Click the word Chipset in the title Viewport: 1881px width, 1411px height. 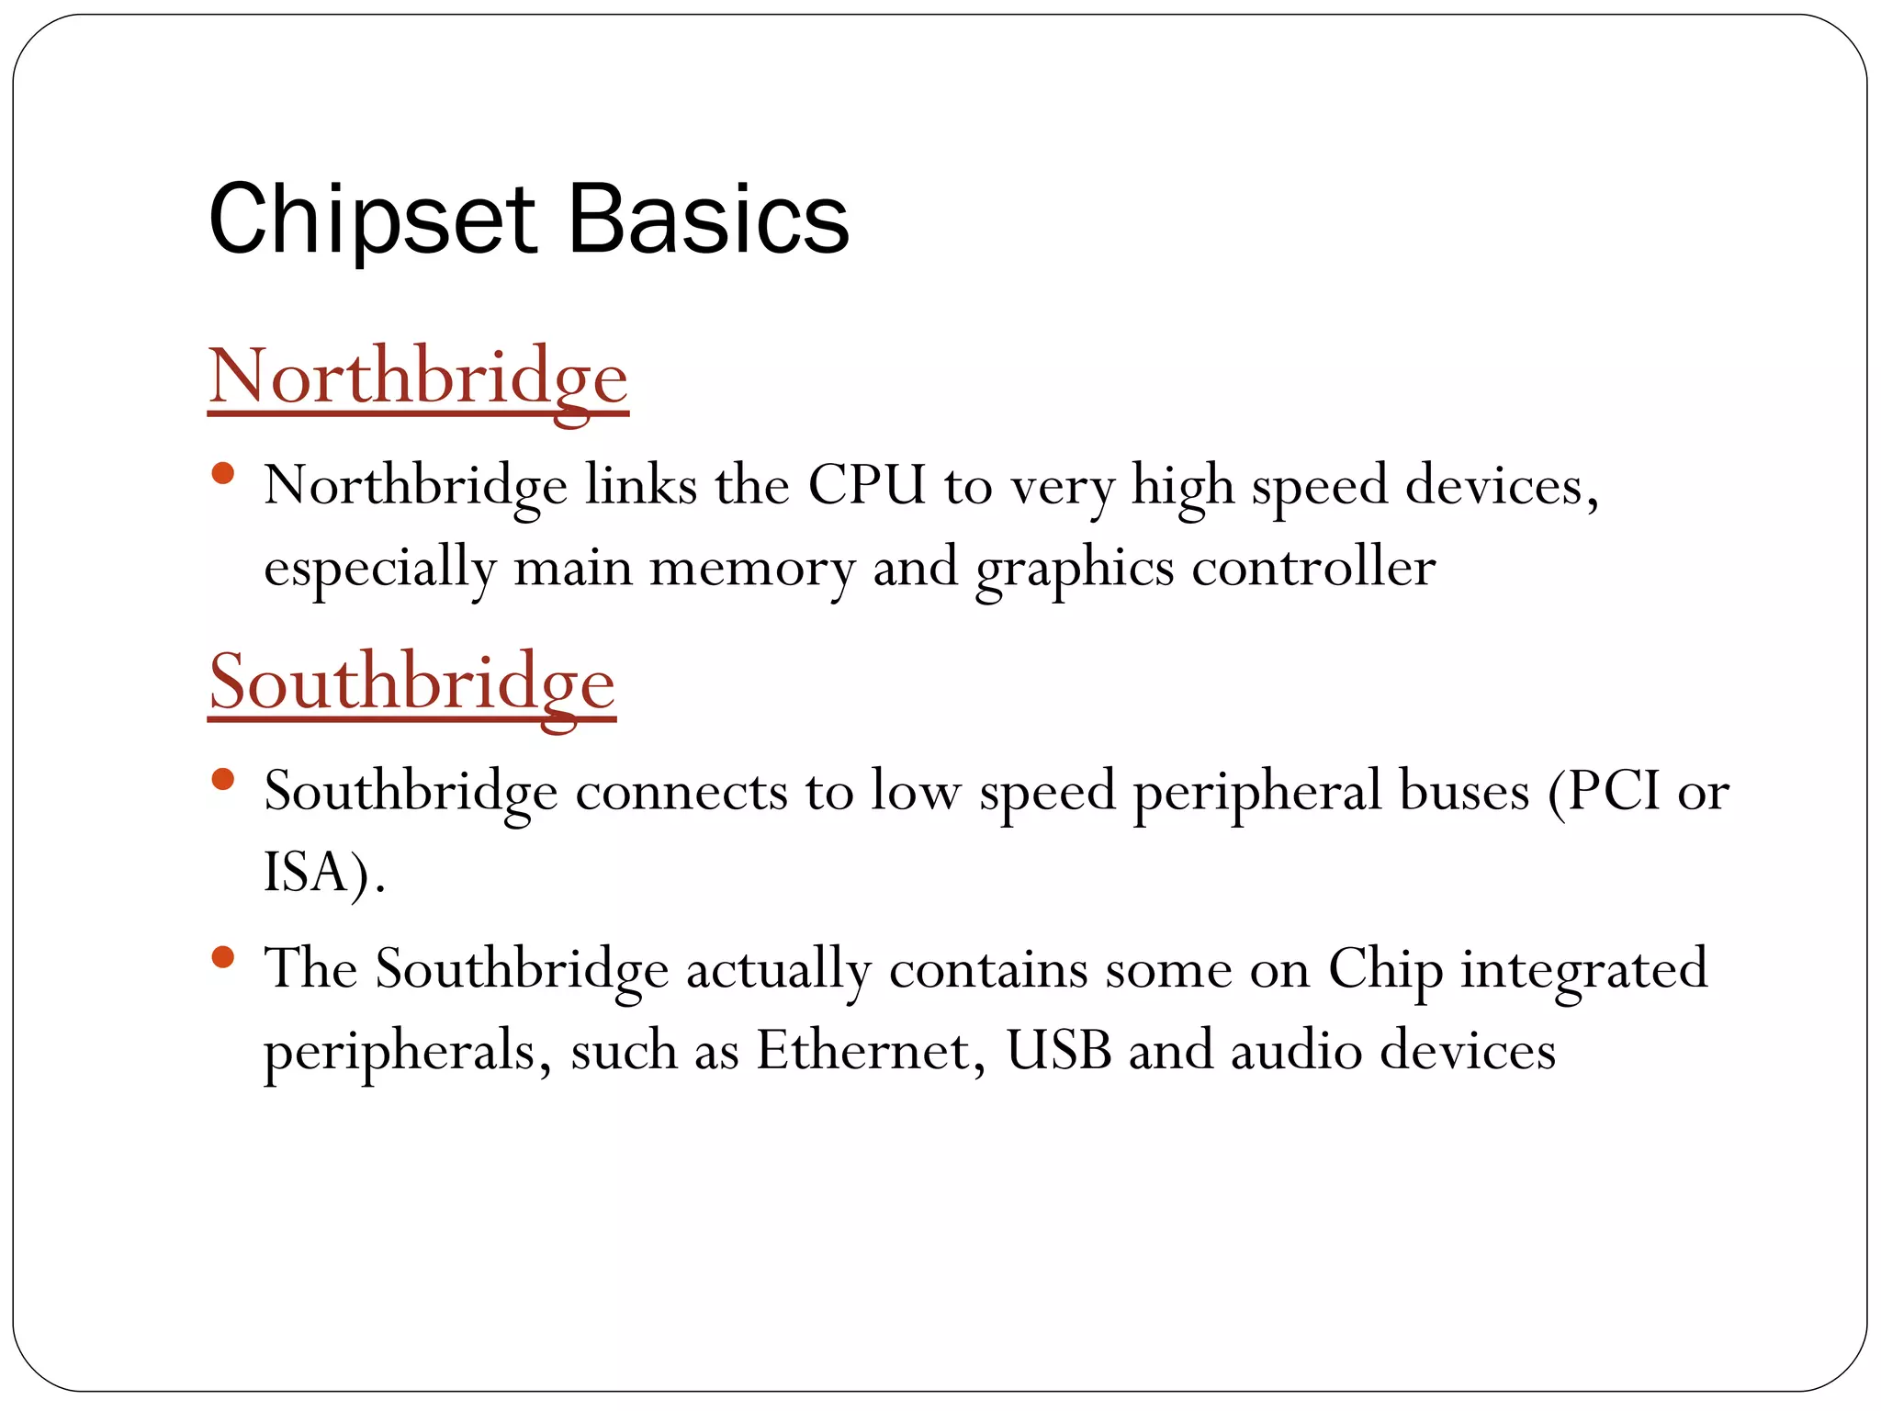pos(371,220)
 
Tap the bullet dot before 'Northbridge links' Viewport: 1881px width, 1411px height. pos(222,474)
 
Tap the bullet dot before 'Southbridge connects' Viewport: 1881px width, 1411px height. pos(222,780)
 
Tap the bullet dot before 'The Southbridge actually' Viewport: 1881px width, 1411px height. pos(222,957)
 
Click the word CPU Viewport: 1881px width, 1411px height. pos(866,485)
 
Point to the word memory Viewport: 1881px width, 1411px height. pos(752,567)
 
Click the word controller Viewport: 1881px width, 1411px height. pos(1313,567)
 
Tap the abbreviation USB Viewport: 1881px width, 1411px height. pos(1058,1050)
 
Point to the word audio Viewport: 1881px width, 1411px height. pos(1296,1050)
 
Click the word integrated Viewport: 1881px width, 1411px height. pos(1583,970)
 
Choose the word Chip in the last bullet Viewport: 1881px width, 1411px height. pos(1385,970)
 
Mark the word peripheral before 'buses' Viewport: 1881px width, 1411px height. pos(1256,793)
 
